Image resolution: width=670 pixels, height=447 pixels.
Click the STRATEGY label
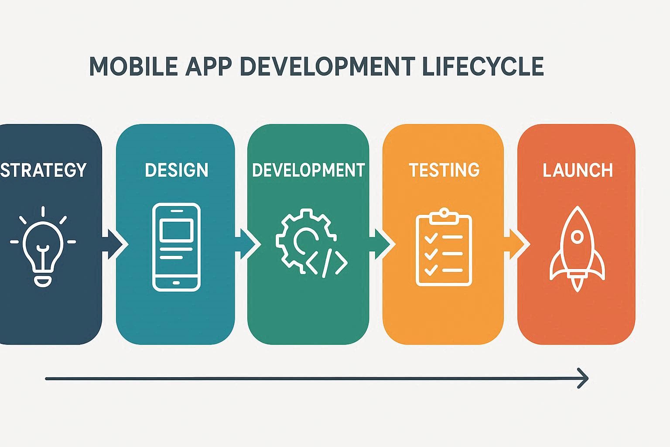[x=44, y=170]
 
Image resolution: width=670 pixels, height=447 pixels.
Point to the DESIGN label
[x=176, y=170]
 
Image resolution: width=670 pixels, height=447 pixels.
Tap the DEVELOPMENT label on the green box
[x=308, y=170]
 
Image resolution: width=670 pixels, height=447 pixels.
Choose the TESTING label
[x=444, y=170]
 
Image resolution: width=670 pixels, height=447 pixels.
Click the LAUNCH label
[x=578, y=170]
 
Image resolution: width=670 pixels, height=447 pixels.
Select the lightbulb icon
[x=43, y=247]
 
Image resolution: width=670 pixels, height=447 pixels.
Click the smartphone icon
[x=176, y=247]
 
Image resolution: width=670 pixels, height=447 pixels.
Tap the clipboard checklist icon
[x=444, y=248]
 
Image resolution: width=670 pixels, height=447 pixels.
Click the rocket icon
[x=577, y=249]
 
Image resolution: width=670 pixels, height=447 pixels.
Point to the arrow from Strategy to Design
[x=116, y=244]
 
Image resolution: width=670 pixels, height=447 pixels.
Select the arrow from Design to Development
[x=247, y=244]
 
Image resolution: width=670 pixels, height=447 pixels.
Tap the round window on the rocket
[x=577, y=237]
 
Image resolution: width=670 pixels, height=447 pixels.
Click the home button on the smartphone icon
[x=176, y=282]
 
